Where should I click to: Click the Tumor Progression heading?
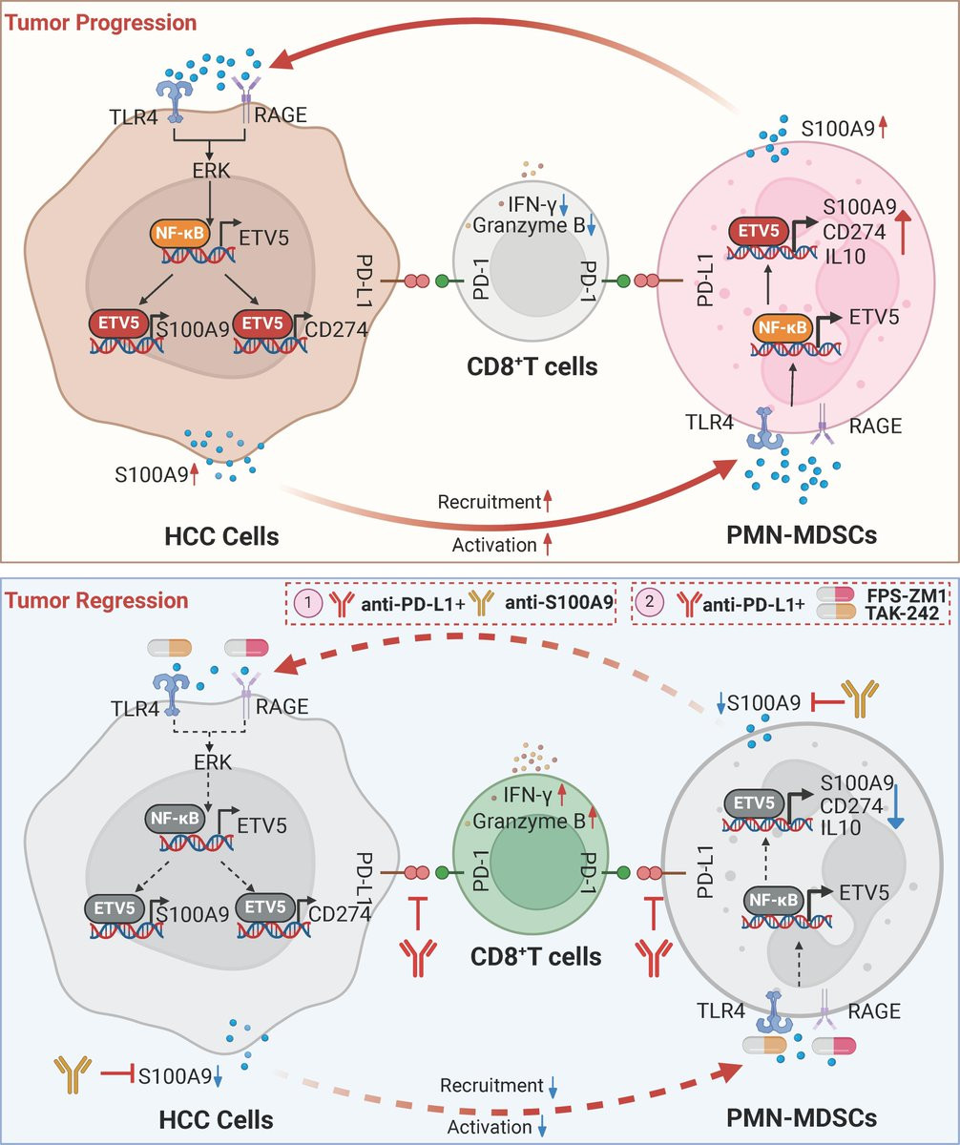coord(102,21)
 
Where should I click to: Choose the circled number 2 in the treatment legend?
coord(650,602)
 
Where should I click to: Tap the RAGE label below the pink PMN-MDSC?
coord(875,426)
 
